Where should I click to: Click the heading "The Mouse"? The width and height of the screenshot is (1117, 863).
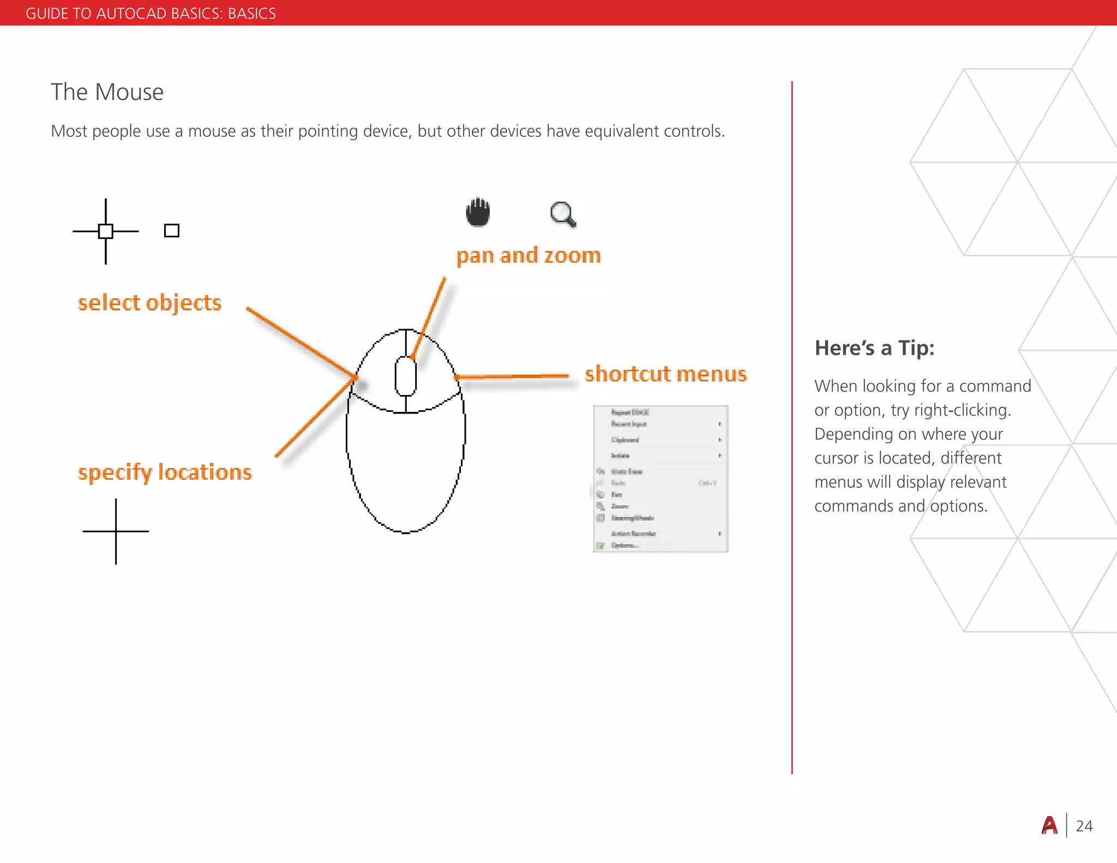(107, 92)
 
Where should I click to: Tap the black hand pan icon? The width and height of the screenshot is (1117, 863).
(478, 212)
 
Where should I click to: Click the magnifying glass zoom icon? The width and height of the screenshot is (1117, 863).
(563, 214)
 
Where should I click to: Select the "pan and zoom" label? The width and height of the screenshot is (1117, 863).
(529, 256)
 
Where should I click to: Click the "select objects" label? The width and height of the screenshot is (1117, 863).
(149, 303)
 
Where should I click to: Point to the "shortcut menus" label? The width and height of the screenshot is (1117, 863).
(665, 374)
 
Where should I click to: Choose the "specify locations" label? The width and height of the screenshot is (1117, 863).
(165, 472)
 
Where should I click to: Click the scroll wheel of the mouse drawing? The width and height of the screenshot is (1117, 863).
(406, 376)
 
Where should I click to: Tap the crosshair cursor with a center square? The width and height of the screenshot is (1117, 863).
(106, 231)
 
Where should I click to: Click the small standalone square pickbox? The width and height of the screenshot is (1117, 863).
(172, 231)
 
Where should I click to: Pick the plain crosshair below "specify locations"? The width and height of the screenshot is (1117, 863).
(116, 531)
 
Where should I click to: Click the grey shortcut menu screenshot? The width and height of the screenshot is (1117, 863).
(660, 479)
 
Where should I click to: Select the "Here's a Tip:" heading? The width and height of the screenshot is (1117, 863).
(874, 348)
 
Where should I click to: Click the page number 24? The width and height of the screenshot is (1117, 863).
(1084, 826)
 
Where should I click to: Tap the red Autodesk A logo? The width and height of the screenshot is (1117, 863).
(1049, 825)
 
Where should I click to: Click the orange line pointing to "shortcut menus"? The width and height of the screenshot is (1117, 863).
(513, 376)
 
